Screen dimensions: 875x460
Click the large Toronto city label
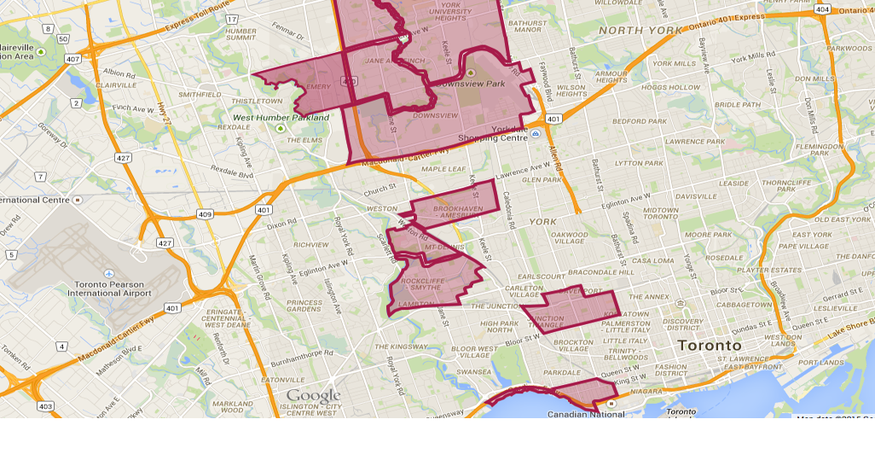coord(710,346)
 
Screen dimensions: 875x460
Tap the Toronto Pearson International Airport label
coord(108,288)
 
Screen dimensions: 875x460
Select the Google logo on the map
coord(313,396)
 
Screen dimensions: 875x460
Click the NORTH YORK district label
coord(640,31)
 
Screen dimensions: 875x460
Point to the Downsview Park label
coord(469,84)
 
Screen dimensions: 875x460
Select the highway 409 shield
coord(205,214)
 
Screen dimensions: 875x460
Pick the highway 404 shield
coord(822,9)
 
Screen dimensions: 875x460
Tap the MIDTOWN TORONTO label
coord(661,213)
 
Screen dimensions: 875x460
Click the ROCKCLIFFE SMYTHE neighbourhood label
coord(420,283)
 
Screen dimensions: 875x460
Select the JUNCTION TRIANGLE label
coord(546,321)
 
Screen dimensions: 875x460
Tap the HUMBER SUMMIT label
coord(240,34)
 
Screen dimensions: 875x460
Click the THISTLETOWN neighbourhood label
coord(257,101)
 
